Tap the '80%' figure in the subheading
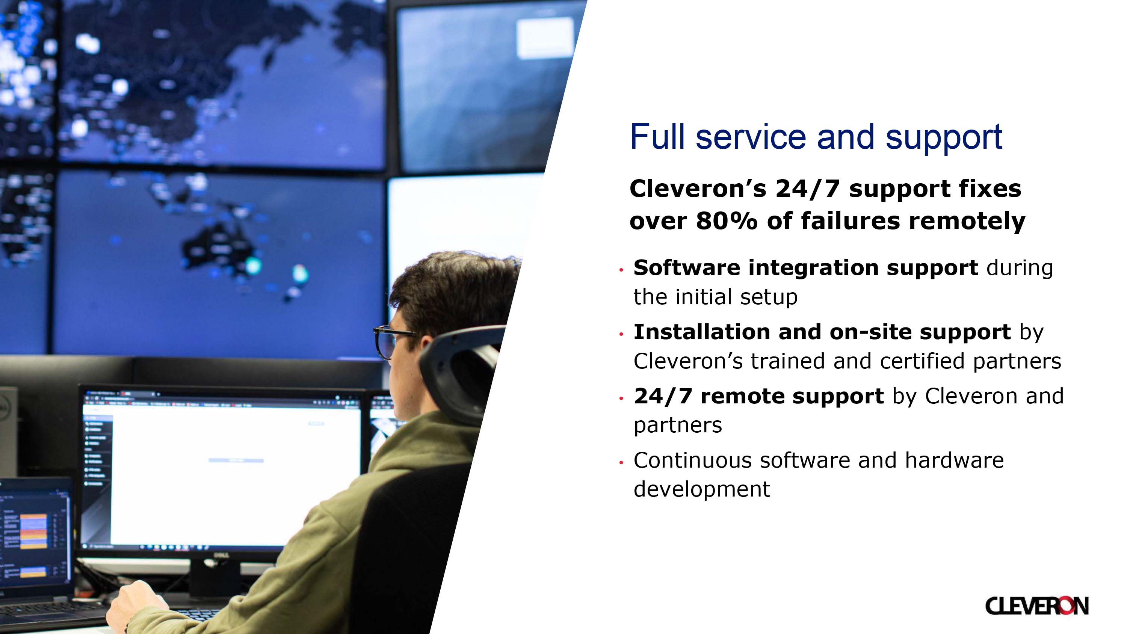coord(726,220)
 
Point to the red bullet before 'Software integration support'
coord(621,270)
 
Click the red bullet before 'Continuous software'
coord(621,462)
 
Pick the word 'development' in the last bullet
coord(702,489)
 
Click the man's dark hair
coord(451,289)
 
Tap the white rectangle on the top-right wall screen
coord(545,38)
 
